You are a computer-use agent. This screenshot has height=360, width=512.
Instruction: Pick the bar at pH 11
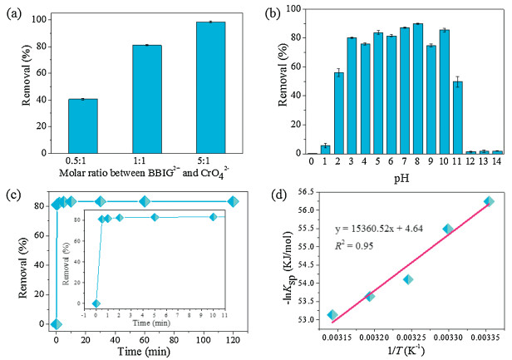pos(481,117)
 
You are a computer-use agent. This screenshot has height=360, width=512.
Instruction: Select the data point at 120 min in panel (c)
pos(234,201)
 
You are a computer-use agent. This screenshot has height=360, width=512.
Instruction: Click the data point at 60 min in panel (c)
pos(145,201)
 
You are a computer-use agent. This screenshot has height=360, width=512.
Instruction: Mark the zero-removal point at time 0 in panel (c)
pos(56,324)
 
